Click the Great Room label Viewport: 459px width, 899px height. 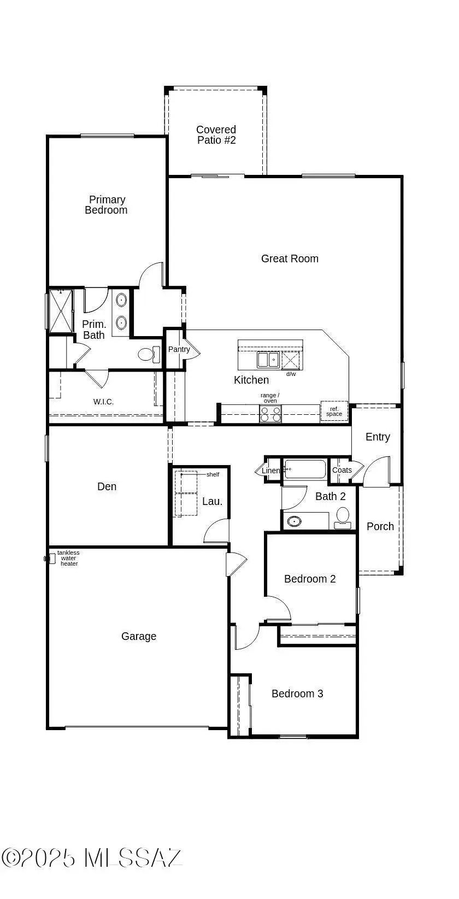290,258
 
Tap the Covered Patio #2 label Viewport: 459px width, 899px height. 216,135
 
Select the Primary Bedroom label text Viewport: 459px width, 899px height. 107,205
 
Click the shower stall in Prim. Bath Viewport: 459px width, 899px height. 61,311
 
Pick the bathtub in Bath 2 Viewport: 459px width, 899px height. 305,469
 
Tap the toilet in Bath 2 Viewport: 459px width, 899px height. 343,517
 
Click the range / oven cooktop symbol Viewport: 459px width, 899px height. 270,414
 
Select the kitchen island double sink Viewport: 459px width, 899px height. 268,360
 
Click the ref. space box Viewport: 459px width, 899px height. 334,412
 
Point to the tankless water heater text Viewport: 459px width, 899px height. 69,559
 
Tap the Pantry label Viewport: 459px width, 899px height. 179,349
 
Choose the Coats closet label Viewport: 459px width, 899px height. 342,470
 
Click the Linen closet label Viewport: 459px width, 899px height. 271,471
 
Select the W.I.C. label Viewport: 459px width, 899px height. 103,402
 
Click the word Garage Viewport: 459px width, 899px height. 139,636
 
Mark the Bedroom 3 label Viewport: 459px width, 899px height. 297,694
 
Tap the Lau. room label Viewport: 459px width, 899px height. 212,501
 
